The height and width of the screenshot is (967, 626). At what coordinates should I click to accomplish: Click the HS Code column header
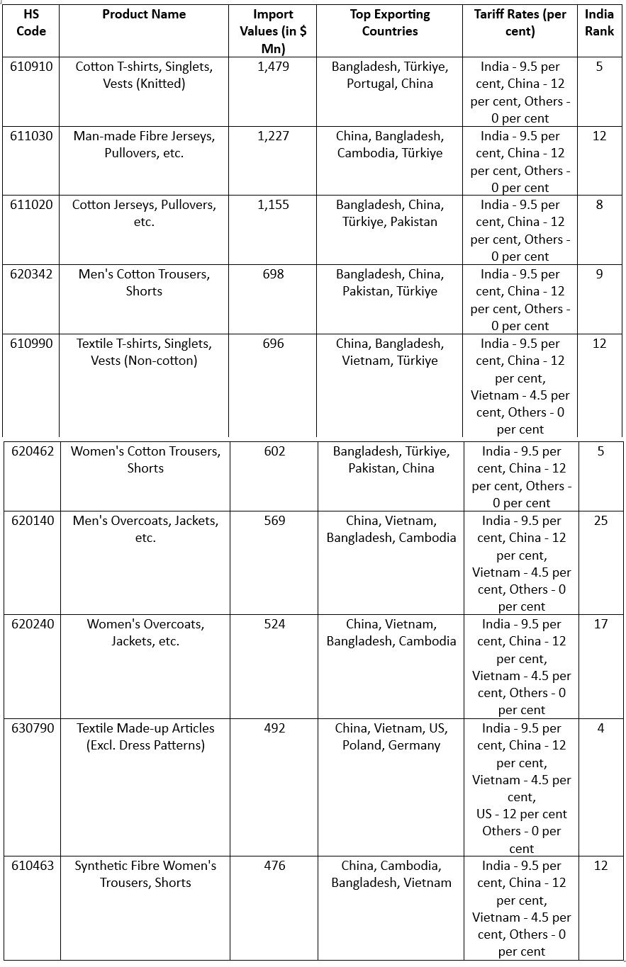pos(30,23)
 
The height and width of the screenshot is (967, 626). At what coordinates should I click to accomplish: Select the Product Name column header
pos(144,14)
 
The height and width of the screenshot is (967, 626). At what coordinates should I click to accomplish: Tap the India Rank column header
pos(599,23)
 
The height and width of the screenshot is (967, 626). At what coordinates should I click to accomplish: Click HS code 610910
pos(31,67)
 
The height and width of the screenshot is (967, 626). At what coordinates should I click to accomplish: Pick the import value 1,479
pos(273,67)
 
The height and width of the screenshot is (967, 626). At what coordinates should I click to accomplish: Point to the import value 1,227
pos(273,136)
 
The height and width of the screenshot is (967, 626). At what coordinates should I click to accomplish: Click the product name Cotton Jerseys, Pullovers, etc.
pos(144,213)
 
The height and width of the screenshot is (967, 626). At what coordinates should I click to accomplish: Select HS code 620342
pos(31,274)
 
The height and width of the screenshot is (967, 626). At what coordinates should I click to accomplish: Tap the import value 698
pos(273,274)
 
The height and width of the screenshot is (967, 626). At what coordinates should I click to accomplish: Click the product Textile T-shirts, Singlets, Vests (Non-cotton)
pos(144,352)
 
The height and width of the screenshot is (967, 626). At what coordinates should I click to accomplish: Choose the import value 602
pos(274,451)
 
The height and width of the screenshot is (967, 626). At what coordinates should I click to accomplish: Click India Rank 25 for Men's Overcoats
pos(600,521)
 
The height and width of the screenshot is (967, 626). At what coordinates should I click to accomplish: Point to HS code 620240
pos(33,624)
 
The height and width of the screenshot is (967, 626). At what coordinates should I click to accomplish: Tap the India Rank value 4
pos(600,728)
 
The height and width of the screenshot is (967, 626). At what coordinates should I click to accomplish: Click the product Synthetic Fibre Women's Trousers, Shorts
pos(145,874)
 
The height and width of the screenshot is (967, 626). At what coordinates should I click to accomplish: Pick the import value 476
pos(274,866)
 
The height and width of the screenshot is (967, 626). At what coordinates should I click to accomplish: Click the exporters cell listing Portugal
pos(390,75)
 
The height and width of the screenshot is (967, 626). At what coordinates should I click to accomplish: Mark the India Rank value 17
pos(600,624)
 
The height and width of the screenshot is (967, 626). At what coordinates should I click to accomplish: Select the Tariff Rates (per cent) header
pos(520,23)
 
